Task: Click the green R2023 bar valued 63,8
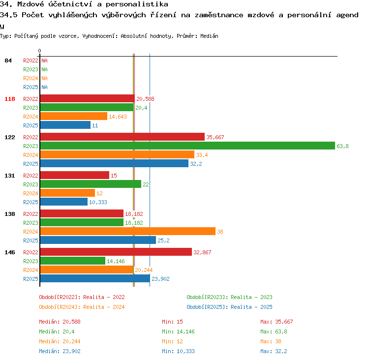(187, 146)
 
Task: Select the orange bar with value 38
(128, 231)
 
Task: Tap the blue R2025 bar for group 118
(65, 125)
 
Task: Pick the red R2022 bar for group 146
(116, 252)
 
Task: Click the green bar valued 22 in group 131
(91, 184)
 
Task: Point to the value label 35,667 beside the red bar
(215, 137)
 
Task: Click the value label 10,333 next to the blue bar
(98, 202)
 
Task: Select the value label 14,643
(118, 117)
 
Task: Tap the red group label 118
(10, 99)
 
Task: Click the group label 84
(8, 60)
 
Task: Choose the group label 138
(10, 214)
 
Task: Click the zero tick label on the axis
(39, 51)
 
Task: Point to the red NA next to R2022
(44, 60)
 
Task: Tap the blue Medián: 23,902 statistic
(60, 351)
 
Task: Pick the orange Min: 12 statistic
(172, 341)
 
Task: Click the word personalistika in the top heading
(137, 4)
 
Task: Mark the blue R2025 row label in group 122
(31, 164)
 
